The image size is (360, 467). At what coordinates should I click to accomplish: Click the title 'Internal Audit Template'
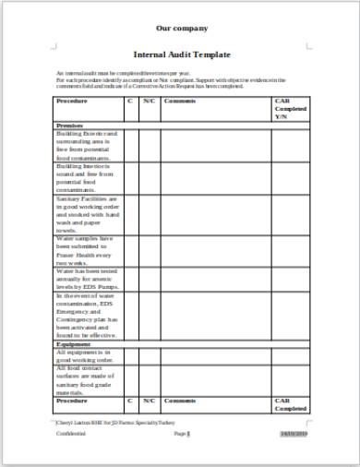click(182, 55)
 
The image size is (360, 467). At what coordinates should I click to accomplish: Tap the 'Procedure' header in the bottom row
click(73, 401)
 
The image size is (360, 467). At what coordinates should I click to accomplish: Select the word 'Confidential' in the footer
click(70, 434)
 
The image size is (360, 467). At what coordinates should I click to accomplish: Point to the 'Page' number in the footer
click(182, 434)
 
